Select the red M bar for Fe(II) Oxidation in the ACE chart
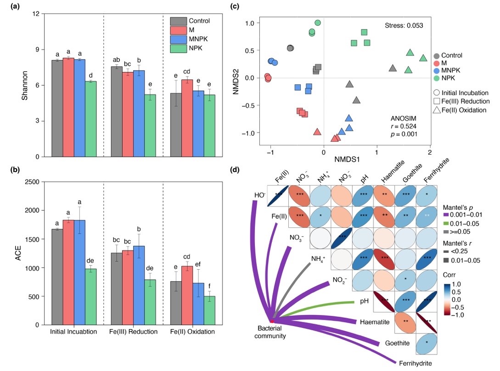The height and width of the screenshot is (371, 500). coord(187,295)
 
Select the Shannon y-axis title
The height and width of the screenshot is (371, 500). coord(19,85)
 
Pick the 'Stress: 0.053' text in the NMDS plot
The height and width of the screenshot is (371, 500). coord(404,25)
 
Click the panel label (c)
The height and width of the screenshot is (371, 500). coord(235,6)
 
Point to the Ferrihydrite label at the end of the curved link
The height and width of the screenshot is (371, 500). coord(416,363)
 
